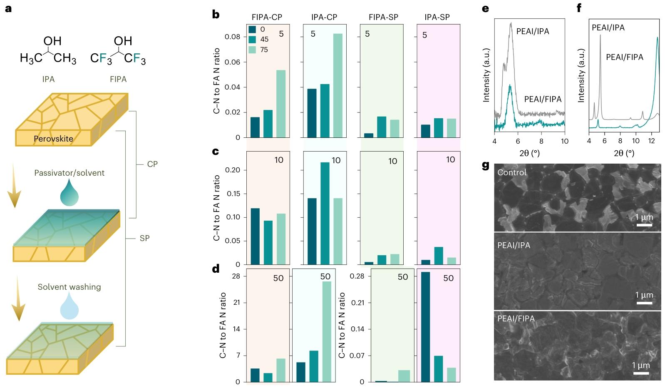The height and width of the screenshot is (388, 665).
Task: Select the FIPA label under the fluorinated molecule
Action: [x=118, y=79]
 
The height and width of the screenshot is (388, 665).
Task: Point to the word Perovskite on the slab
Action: [x=53, y=139]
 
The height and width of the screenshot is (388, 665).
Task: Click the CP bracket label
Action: [x=152, y=164]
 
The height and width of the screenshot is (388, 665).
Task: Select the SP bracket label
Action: [x=144, y=238]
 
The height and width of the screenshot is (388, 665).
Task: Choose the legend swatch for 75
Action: [x=252, y=50]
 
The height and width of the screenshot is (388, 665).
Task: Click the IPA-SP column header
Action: [x=437, y=17]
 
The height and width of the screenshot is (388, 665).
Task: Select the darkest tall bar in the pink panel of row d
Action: [x=425, y=327]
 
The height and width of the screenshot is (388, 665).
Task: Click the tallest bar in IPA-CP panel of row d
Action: [x=327, y=331]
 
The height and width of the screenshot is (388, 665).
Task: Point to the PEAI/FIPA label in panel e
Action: [x=543, y=99]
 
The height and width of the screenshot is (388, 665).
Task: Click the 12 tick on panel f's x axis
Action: [x=651, y=141]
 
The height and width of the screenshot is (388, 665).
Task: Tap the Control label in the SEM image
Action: [x=512, y=172]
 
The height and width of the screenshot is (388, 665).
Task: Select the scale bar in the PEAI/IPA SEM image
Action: [x=644, y=303]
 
